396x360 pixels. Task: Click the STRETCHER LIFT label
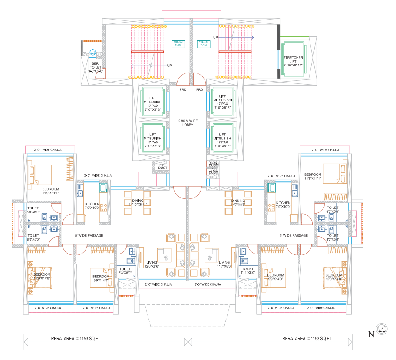coord(293,61)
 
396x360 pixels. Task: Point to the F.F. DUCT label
coord(161,166)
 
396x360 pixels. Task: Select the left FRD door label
coord(183,89)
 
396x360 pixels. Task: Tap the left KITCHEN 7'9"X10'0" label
coord(92,205)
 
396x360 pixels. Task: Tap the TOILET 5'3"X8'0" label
coord(125,271)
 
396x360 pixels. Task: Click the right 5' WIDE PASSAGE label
coord(294,235)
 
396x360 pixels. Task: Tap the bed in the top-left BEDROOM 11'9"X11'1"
coord(39,175)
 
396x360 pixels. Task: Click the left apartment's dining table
coord(134,202)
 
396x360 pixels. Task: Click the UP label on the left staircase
coord(170,66)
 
